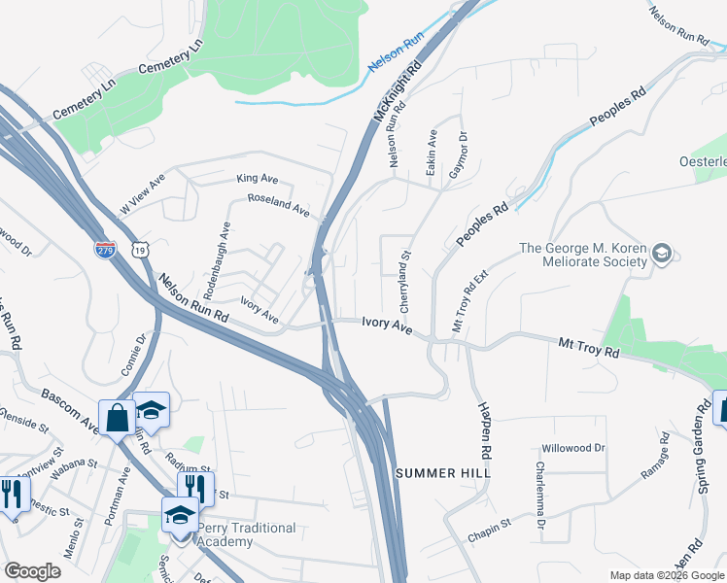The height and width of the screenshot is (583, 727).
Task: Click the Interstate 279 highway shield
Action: point(104,249)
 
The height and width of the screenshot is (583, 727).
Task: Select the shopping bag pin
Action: point(117,419)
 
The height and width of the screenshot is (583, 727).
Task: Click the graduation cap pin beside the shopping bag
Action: point(151,410)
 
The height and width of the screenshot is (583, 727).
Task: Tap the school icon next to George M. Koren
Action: point(662,255)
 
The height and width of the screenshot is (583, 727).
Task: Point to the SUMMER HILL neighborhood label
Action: point(443,472)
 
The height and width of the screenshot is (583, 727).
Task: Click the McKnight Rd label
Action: point(400,93)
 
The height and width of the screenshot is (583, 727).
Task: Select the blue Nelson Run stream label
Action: point(396,55)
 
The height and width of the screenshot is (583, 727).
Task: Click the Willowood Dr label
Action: point(573,448)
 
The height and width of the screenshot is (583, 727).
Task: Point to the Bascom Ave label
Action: point(69,410)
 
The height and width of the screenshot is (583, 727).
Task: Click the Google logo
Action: point(33,571)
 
